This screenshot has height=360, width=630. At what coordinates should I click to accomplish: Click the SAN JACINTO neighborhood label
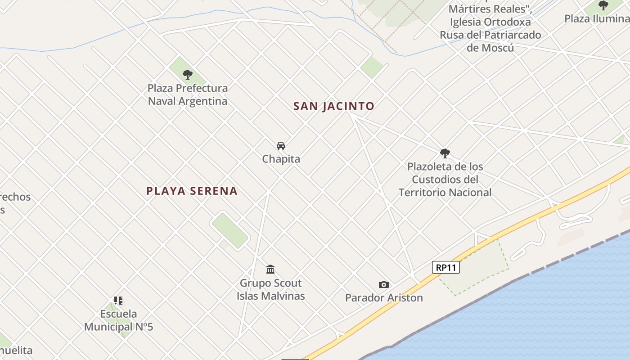(x=333, y=106)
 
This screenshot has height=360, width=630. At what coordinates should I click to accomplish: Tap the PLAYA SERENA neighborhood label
(x=192, y=191)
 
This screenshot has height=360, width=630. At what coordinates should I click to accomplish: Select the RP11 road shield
(x=446, y=267)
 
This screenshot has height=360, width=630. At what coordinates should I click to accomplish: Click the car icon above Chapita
(x=281, y=146)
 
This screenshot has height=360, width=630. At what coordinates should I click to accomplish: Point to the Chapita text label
(x=281, y=159)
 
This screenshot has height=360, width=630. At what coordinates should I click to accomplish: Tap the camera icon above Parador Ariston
(x=384, y=284)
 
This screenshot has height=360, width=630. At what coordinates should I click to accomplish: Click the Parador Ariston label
(x=384, y=297)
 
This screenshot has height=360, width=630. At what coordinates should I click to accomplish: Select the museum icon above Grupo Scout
(x=270, y=270)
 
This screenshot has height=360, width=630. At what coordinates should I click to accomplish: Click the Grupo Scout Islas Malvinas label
(x=271, y=289)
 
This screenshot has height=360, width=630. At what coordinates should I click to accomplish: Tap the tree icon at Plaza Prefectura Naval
(x=188, y=75)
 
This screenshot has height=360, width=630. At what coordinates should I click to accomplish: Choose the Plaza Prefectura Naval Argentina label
(x=188, y=94)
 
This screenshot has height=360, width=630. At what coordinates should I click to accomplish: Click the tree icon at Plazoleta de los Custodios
(x=445, y=153)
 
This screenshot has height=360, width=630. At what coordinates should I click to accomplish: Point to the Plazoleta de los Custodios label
(x=445, y=179)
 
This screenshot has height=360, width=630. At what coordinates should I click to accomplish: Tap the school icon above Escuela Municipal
(x=118, y=300)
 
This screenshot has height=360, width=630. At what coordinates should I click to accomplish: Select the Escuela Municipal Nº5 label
(x=119, y=320)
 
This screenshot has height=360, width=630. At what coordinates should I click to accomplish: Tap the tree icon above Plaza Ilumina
(x=603, y=6)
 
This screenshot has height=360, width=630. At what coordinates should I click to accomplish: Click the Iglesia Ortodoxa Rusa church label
(x=490, y=28)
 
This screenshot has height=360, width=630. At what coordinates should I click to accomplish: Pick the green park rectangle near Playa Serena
(x=230, y=230)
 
